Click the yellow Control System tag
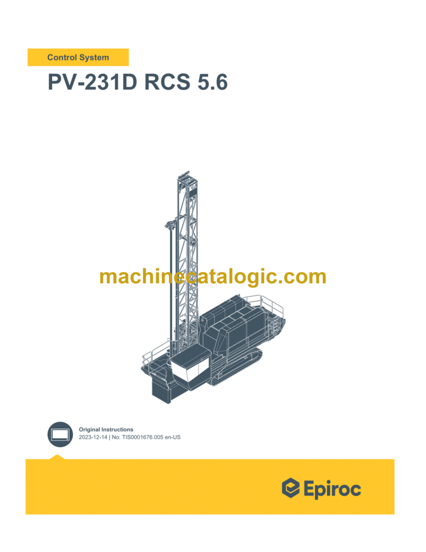click(x=78, y=57)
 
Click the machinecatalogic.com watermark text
click(x=212, y=276)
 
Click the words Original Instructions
click(x=106, y=429)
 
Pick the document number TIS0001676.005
click(x=145, y=437)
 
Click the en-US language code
click(x=171, y=437)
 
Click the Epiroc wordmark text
click(x=332, y=489)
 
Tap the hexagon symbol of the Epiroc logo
click(x=291, y=489)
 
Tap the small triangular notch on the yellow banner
click(x=57, y=457)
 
